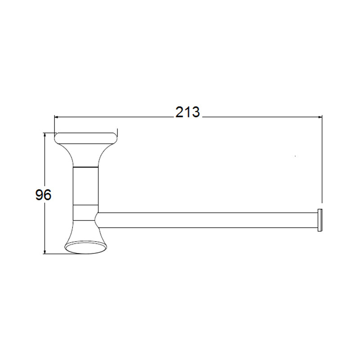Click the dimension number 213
(188, 112)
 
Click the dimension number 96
(43, 195)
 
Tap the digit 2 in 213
(180, 112)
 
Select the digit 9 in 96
(39, 195)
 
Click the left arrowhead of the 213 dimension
(57, 117)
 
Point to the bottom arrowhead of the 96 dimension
(45, 252)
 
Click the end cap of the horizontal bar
(319, 220)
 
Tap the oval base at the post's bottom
(86, 247)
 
